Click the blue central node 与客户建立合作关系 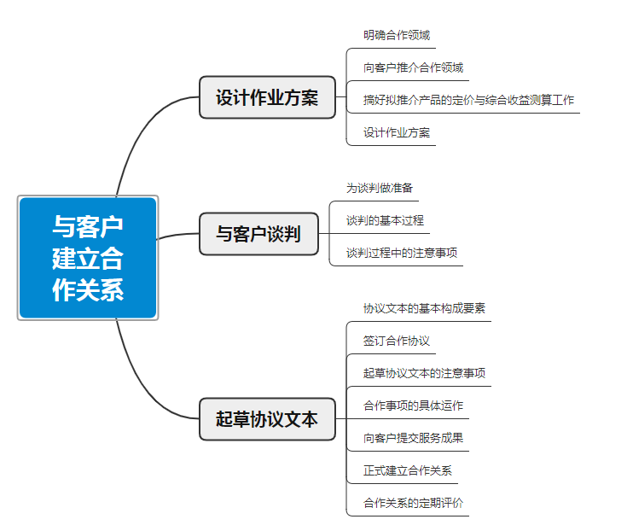click(88, 258)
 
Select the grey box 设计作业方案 click(267, 97)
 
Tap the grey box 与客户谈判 click(258, 234)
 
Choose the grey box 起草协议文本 click(267, 419)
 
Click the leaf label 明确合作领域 click(396, 35)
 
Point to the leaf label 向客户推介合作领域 click(413, 67)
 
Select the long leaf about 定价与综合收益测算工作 click(468, 100)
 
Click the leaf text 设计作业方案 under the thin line click(396, 132)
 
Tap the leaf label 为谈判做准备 click(379, 188)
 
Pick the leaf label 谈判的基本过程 click(385, 220)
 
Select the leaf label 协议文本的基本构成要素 click(424, 308)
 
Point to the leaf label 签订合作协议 click(396, 341)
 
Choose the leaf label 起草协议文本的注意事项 click(424, 373)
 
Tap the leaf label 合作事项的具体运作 click(413, 406)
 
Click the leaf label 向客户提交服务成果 click(413, 438)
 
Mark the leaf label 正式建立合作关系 click(407, 470)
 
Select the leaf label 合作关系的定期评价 click(413, 503)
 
